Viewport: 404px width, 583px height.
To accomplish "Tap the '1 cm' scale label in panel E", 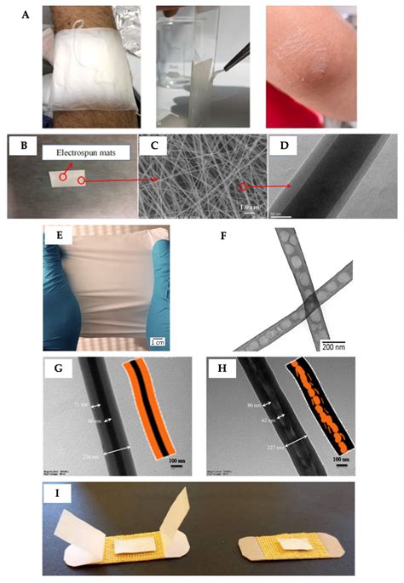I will tap(158, 342).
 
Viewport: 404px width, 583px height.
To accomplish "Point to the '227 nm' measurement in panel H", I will tap(251, 446).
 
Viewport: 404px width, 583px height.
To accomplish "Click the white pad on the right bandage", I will tap(291, 543).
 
